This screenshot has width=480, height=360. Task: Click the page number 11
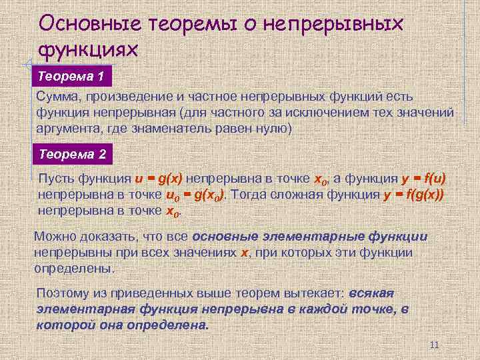(x=434, y=345)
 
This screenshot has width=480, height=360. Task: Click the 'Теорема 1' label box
(x=71, y=76)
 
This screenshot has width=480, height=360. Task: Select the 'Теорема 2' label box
(x=72, y=154)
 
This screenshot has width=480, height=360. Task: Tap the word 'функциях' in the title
(x=88, y=49)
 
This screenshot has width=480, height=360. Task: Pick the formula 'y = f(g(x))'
(x=413, y=195)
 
